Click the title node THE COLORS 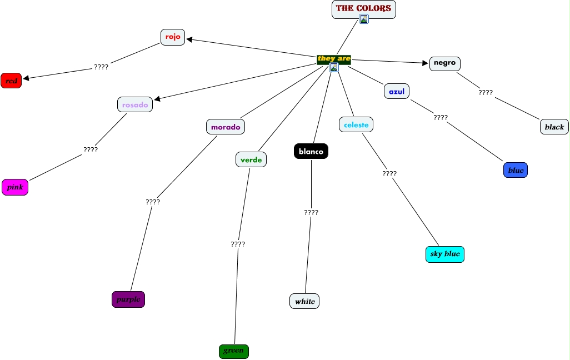tap(363, 8)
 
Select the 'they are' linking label tap(334, 58)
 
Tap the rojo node tap(173, 37)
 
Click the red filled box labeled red tap(11, 81)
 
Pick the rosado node tap(135, 104)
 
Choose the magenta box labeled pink tap(15, 187)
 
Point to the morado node tap(226, 127)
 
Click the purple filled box tap(128, 299)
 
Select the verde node tap(251, 160)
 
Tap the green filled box tap(234, 351)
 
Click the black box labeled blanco tap(311, 151)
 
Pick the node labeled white tap(304, 301)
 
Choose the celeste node tap(356, 124)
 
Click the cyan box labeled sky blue tap(445, 254)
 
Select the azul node tap(397, 91)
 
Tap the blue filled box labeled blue tap(516, 170)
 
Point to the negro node tap(444, 63)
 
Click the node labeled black tap(554, 127)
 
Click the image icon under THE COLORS tap(364, 19)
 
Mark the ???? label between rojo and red tap(101, 67)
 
